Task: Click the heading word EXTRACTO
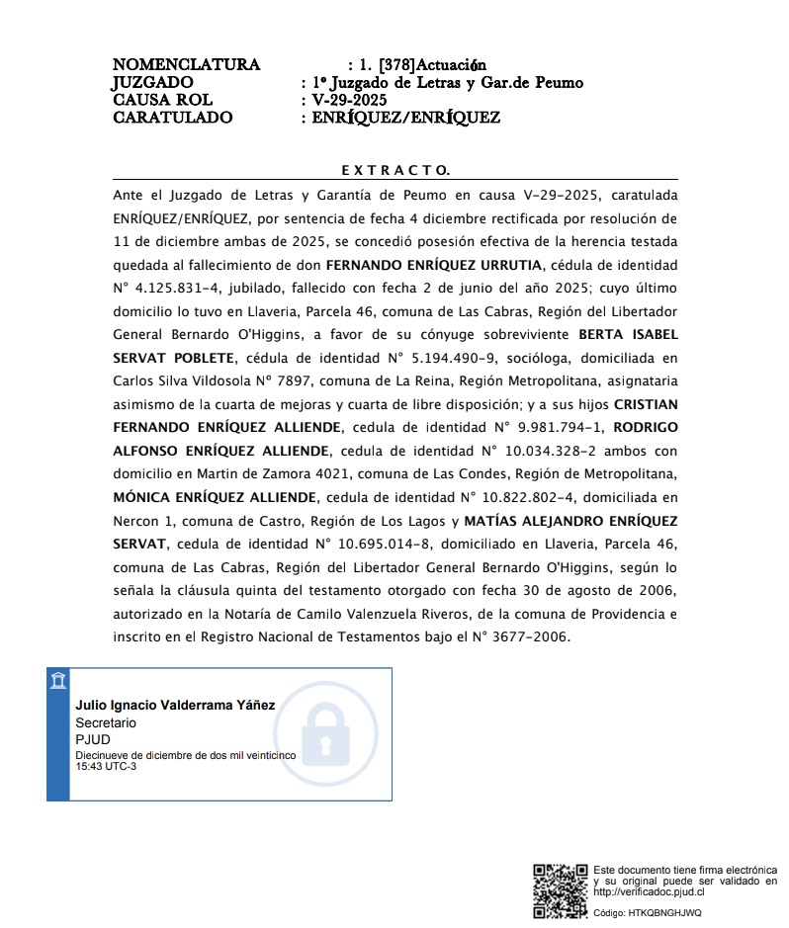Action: (394, 170)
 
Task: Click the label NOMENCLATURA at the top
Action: (186, 65)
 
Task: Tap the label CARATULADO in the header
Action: (173, 118)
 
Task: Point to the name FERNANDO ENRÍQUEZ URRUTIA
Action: (433, 265)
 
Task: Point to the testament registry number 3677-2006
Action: (535, 637)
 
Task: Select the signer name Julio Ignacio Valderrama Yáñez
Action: (176, 705)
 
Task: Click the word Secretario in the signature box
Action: (107, 722)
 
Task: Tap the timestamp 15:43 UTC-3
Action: (107, 767)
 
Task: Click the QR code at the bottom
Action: (561, 890)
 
